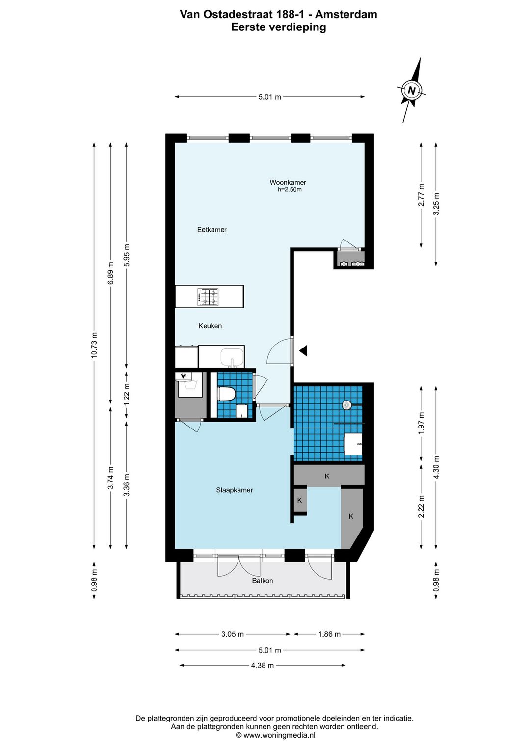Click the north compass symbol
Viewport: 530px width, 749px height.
(x=411, y=90)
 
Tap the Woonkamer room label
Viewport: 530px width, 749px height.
(x=288, y=182)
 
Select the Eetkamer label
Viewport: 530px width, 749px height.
(x=212, y=229)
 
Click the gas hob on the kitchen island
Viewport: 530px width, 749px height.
(x=208, y=296)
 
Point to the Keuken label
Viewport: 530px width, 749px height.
(x=210, y=326)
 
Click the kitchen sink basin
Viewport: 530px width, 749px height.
(x=232, y=356)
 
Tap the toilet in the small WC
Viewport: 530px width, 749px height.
(x=227, y=394)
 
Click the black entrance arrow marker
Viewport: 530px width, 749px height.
(x=303, y=350)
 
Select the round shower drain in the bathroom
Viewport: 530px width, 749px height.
(x=346, y=405)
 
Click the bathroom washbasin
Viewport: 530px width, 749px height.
(x=353, y=444)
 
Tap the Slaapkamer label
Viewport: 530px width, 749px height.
(x=235, y=490)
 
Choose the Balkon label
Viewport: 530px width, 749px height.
(x=263, y=581)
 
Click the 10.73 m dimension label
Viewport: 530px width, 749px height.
(x=95, y=345)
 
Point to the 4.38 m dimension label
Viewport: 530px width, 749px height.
(x=263, y=665)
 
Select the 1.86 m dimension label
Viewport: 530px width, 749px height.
(x=329, y=634)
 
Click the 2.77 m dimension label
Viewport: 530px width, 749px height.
(x=421, y=195)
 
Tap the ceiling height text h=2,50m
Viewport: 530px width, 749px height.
(x=290, y=190)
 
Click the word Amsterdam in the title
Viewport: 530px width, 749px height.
(x=346, y=14)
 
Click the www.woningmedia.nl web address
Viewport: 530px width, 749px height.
(x=279, y=735)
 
